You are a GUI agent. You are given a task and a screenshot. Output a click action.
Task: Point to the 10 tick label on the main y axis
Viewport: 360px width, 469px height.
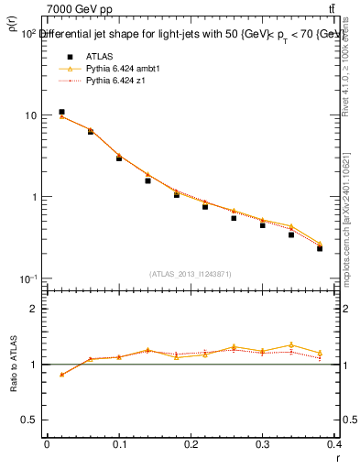tap(30, 115)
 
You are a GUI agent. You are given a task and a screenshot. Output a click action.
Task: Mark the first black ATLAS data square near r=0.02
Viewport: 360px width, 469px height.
tap(61, 112)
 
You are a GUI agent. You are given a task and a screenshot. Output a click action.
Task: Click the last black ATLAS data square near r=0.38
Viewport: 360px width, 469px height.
tap(320, 248)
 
